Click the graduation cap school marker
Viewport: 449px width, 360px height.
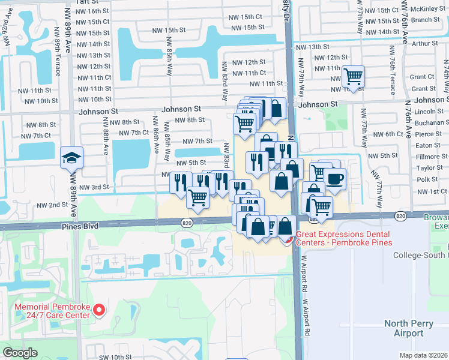pos(71,158)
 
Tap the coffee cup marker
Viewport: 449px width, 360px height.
pos(334,178)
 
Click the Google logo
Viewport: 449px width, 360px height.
pos(20,353)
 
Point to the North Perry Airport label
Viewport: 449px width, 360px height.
pos(408,328)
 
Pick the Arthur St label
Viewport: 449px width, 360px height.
pos(425,43)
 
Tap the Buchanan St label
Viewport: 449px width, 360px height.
pos(429,123)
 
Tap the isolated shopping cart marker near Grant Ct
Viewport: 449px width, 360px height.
pos(353,77)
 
